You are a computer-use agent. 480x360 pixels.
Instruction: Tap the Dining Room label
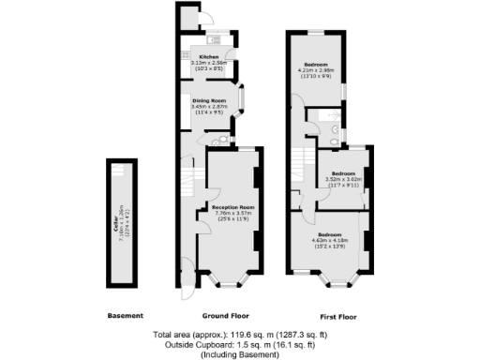point(210,99)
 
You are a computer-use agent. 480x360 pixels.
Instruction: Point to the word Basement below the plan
point(125,315)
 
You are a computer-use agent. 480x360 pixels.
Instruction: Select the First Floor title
point(335,315)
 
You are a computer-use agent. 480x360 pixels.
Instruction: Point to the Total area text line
point(240,333)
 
